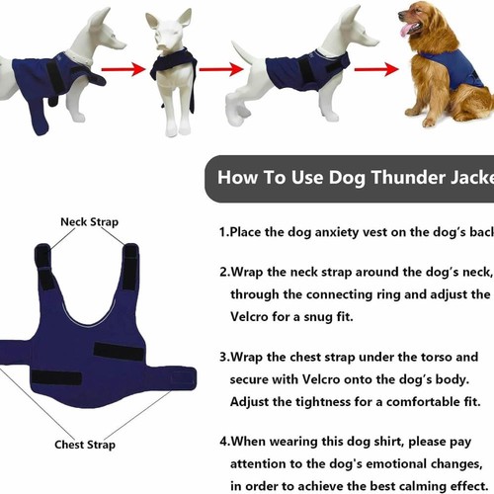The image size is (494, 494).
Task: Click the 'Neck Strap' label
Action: pos(89,222)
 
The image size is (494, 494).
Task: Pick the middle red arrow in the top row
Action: pos(219,70)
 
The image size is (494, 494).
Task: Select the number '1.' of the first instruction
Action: pos(224,233)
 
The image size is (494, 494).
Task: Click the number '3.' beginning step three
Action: pos(225,357)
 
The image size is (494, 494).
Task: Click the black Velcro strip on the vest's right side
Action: pos(119,350)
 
